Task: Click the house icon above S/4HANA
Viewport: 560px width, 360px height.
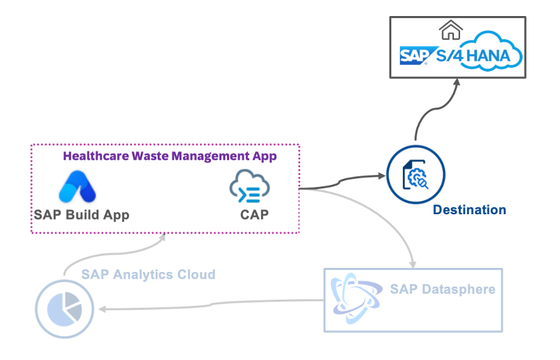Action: (450, 29)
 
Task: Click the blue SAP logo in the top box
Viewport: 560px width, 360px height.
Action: (414, 56)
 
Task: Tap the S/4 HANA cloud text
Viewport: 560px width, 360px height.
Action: (476, 54)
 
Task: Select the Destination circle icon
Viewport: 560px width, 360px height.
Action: (415, 174)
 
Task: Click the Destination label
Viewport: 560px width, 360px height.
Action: (469, 210)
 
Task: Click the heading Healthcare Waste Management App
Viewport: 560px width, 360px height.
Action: (170, 156)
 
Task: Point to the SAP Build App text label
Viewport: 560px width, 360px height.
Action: (82, 214)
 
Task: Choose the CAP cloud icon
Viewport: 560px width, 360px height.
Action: (249, 187)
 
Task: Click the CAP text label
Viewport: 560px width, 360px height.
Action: (254, 214)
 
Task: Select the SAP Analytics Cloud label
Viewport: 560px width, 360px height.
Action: (148, 274)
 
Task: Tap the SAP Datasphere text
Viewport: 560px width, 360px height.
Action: (443, 289)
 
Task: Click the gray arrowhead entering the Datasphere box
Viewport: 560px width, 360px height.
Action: (413, 264)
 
